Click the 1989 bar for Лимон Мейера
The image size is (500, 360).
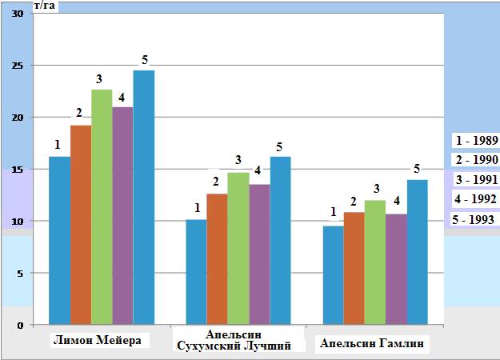coord(59,240)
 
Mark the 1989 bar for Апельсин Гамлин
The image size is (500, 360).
coord(333,275)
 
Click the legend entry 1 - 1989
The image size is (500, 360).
coord(476,139)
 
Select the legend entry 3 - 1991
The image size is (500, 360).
coord(476,178)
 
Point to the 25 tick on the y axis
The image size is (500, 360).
coord(18,66)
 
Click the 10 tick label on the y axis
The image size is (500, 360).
coord(18,221)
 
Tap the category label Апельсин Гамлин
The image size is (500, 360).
coord(373,344)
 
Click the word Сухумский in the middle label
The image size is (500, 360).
coord(210,346)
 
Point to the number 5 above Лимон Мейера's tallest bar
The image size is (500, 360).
coord(145,60)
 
